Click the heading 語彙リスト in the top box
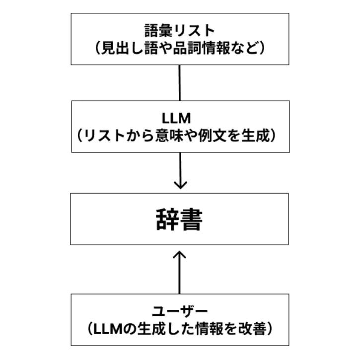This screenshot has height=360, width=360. (x=180, y=30)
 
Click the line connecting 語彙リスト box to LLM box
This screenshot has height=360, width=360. (x=179, y=82)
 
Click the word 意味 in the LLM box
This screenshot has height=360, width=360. (x=170, y=135)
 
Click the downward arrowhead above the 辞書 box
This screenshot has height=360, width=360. (x=180, y=184)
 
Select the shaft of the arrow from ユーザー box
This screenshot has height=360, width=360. (x=180, y=276)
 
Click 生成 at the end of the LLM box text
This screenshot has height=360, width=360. (x=262, y=135)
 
